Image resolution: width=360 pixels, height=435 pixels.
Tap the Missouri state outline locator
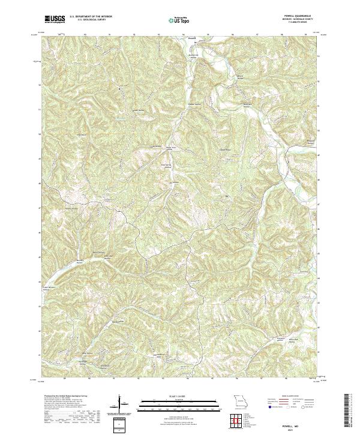coord(240,401)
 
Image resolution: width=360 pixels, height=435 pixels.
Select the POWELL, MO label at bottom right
coord(301,423)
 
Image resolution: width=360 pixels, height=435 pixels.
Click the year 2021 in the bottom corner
coord(301,428)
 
